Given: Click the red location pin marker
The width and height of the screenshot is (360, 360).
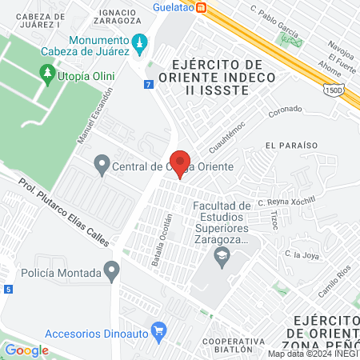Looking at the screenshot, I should pos(180,162).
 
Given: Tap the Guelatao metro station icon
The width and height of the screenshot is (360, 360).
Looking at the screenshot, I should pos(203,7).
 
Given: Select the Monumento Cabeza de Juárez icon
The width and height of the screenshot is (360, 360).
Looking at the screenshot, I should pos(141,42).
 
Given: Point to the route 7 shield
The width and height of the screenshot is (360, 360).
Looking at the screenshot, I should pos(149,84).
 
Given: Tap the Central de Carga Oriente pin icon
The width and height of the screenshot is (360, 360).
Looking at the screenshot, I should pos(102,166).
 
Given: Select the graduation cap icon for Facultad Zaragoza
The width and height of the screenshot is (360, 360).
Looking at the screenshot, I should pos(222,256).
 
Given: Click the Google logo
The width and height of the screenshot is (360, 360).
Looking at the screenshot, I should pos(26,350).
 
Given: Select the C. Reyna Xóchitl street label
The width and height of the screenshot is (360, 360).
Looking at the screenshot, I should pos(287,202).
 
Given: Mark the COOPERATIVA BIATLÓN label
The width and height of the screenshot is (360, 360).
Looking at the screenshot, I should pos(233,344).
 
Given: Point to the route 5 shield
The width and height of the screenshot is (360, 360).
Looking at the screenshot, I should pos(6,288).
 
